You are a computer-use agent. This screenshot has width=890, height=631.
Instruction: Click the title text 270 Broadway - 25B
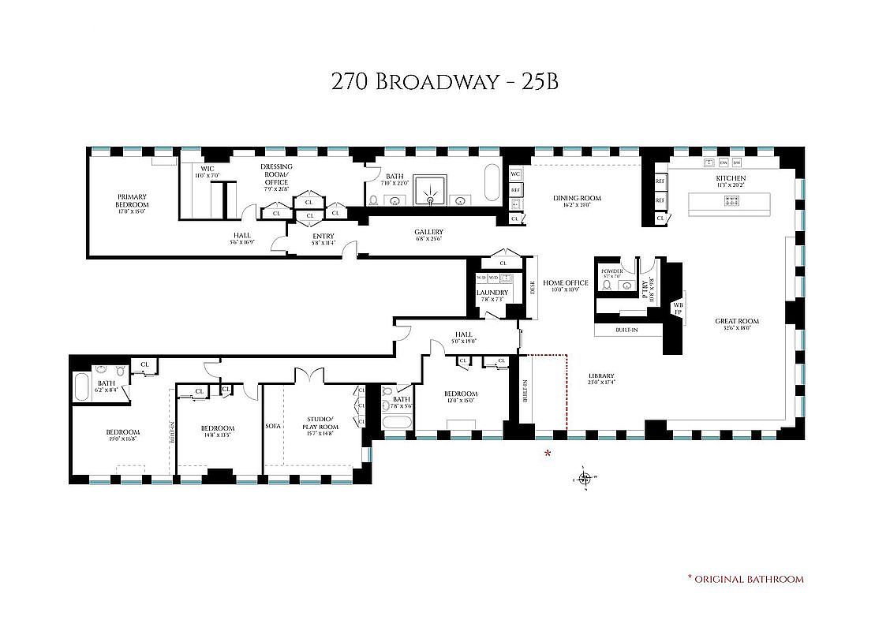(x=445, y=81)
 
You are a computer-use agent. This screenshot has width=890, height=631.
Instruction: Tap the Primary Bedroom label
(x=133, y=200)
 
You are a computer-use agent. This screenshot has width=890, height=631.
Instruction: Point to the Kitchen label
(x=731, y=179)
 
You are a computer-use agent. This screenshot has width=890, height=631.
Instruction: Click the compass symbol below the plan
(x=585, y=478)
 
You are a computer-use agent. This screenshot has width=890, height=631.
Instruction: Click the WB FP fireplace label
(x=677, y=308)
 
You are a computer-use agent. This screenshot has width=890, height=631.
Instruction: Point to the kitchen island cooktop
(x=731, y=201)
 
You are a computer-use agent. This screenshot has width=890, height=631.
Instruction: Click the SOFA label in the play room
(x=273, y=426)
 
